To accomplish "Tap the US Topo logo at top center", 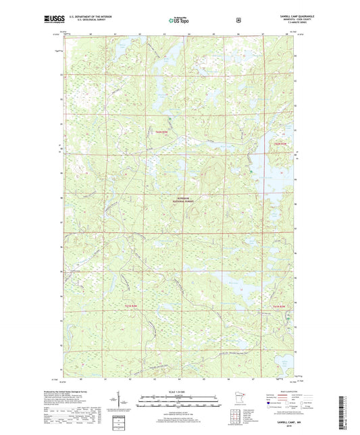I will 178,20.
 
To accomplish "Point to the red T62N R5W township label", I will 161,132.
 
